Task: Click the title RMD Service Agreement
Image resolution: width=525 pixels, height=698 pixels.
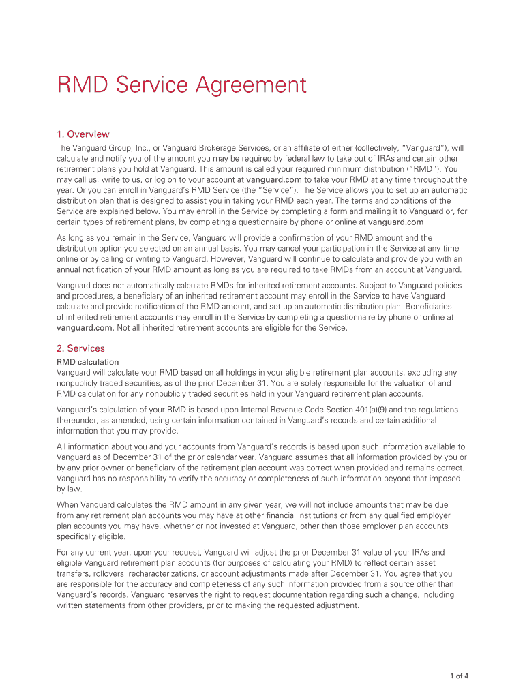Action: click(181, 85)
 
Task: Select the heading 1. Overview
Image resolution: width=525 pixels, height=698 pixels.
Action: click(82, 134)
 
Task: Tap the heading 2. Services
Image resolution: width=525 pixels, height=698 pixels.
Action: click(80, 348)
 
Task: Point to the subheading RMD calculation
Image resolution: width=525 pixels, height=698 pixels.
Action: click(87, 362)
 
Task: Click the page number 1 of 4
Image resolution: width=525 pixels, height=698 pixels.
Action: click(459, 676)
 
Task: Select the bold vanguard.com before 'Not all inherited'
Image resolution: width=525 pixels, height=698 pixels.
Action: click(85, 327)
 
